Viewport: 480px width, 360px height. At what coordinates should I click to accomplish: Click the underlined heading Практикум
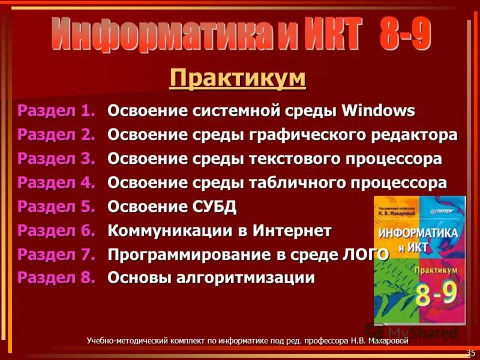point(238,77)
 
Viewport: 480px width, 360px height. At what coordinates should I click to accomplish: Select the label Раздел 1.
point(56,111)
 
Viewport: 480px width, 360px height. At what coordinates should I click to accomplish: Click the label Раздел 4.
point(56,182)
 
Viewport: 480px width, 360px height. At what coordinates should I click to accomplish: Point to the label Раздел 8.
point(56,277)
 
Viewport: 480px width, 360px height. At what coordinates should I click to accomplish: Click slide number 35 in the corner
point(470,352)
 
